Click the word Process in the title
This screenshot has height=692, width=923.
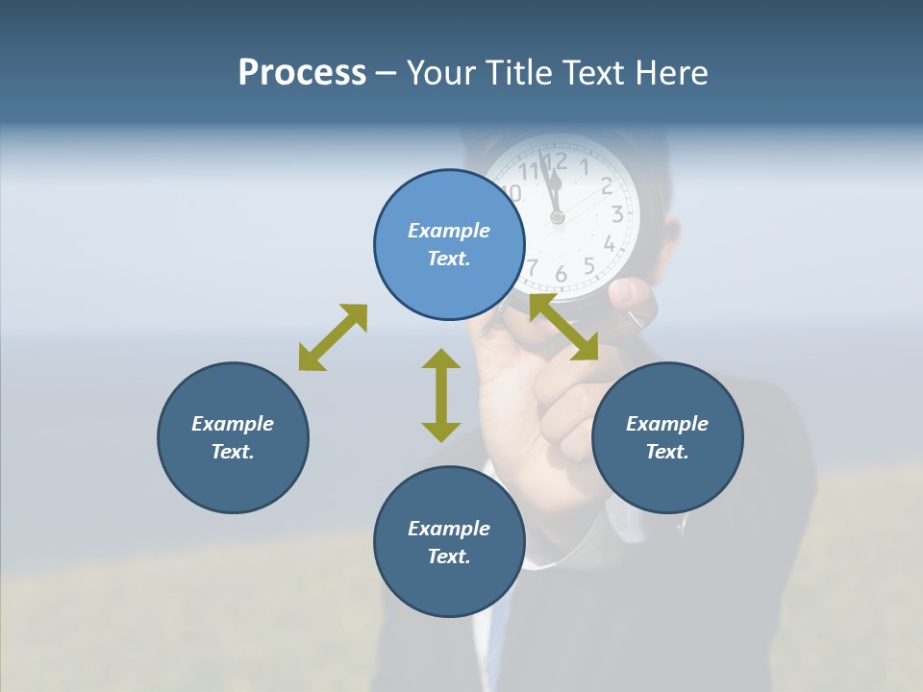click(x=302, y=73)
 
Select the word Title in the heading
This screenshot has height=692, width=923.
click(x=518, y=73)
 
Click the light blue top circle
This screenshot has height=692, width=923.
click(x=449, y=244)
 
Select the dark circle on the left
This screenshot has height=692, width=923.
click(x=233, y=437)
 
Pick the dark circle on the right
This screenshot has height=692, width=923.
click(x=667, y=437)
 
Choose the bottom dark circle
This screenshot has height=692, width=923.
click(x=449, y=542)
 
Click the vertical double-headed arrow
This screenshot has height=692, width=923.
click(x=441, y=395)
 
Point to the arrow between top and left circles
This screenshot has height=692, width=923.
click(x=333, y=337)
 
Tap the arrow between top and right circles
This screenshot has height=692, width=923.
click(x=564, y=328)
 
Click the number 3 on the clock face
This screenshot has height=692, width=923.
click(x=616, y=214)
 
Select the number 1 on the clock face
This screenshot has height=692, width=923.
click(x=585, y=166)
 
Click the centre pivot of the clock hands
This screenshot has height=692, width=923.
click(x=557, y=218)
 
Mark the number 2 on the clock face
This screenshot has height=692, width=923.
click(x=607, y=185)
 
